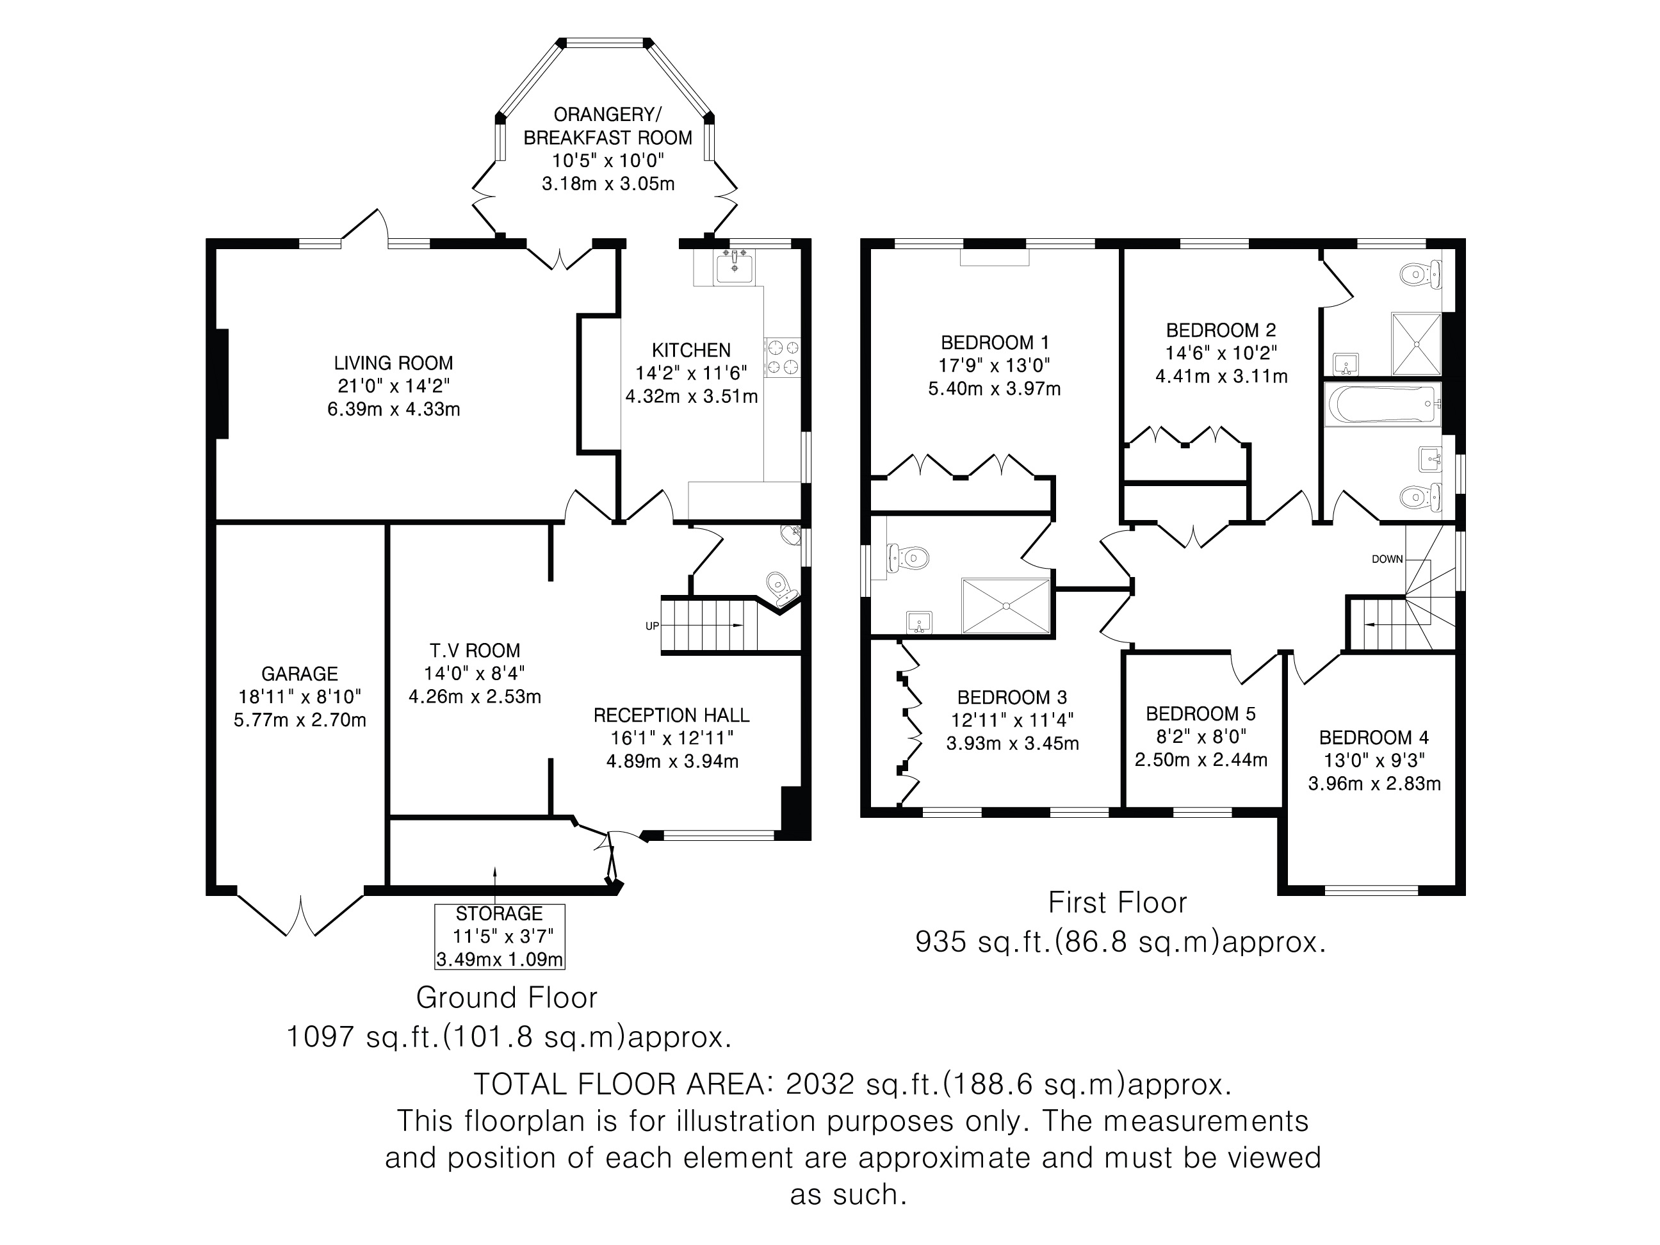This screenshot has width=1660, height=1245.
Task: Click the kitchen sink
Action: coord(734,267)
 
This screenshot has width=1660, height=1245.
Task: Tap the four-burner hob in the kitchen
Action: coord(783,357)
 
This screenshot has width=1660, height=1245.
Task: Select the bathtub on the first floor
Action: coord(1382,403)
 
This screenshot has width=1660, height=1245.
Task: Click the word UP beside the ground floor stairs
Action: coord(652,625)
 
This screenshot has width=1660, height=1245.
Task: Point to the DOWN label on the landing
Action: coord(1387,559)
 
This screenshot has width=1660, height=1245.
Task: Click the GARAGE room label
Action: coord(300,674)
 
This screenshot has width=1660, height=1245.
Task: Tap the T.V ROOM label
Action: coord(475,651)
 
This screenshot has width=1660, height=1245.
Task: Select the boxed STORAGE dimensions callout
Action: coord(499,936)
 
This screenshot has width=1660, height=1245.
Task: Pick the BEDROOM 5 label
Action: coord(1201,713)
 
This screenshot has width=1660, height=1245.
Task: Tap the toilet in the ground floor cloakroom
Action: coord(778,582)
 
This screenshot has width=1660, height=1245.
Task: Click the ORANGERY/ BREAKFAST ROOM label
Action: coord(607,126)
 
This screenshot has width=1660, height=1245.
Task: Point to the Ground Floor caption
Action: coord(507,997)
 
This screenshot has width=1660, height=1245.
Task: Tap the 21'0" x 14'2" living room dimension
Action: coord(393,386)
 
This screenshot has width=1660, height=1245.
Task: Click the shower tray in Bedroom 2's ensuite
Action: coord(1416,344)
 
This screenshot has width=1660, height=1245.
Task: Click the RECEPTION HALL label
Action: coord(671,715)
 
